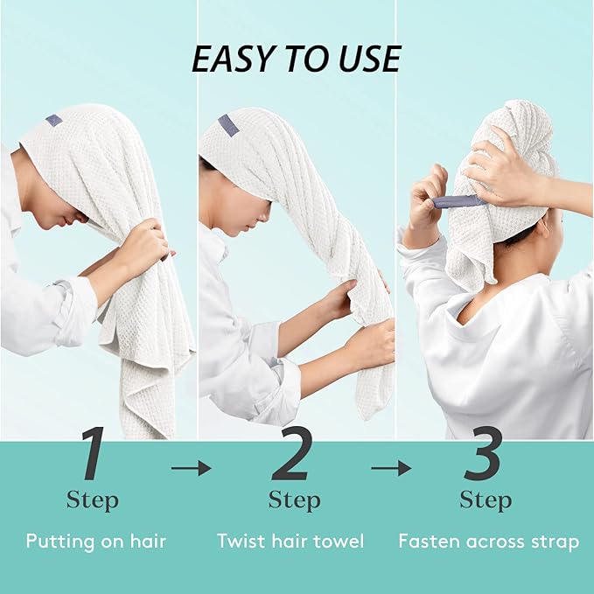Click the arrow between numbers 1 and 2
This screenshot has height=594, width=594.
191,469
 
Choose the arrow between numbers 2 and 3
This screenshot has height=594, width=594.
390,469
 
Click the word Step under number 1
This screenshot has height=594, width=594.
92,500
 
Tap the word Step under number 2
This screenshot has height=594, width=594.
294,500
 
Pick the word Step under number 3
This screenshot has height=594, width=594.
486,500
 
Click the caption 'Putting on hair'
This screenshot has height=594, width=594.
95,541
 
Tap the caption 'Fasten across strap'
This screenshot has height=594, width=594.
488,542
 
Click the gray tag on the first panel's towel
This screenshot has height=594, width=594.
54,118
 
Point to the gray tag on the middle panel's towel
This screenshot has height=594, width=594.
228,125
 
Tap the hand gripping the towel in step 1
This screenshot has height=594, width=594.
144,244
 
